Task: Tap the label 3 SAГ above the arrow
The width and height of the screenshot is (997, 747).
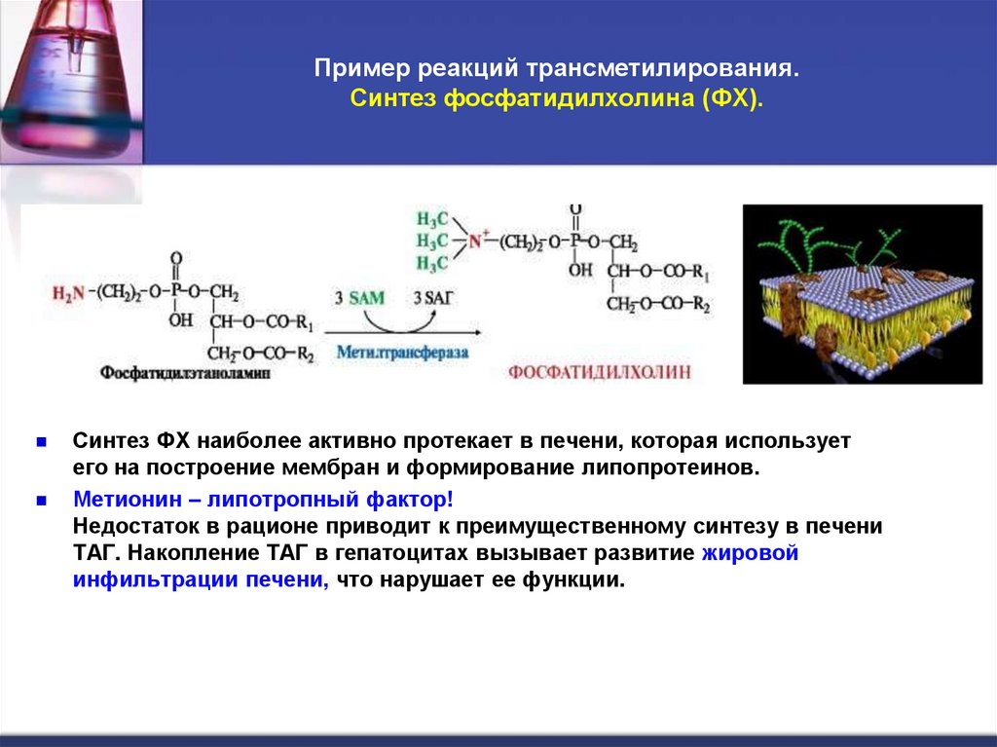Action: [433, 299]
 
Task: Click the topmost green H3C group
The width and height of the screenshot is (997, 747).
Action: [432, 218]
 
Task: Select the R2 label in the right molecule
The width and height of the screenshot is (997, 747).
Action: [699, 304]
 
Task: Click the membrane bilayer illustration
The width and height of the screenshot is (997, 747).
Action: [863, 293]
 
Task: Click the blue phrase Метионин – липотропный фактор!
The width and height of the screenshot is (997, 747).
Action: [263, 500]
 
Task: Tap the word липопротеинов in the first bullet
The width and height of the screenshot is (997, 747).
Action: [671, 467]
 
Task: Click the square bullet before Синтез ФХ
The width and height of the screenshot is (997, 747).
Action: [42, 441]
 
